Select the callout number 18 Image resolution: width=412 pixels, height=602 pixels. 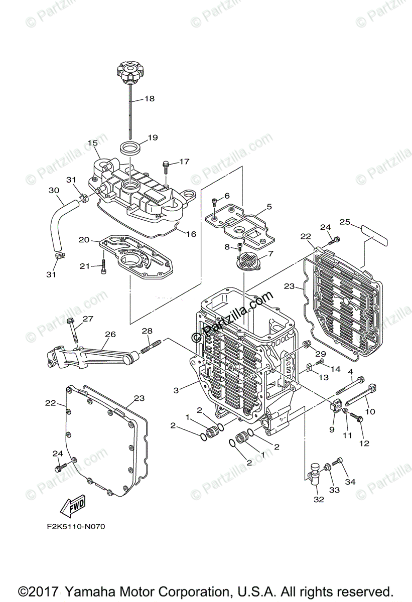click(x=150, y=99)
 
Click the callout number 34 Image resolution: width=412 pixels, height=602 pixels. click(x=350, y=482)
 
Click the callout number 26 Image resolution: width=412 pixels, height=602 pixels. click(x=110, y=334)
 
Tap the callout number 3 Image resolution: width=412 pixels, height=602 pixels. click(x=176, y=390)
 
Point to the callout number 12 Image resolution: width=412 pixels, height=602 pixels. click(x=364, y=443)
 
